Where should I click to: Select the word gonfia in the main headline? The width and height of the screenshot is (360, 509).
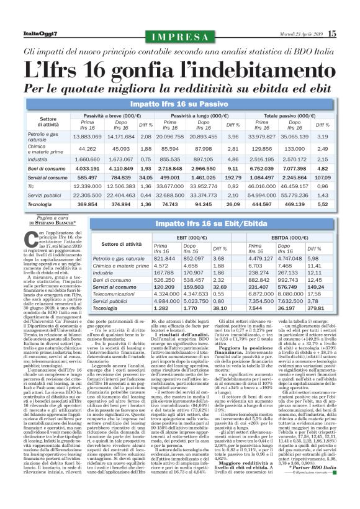click(x=136, y=65)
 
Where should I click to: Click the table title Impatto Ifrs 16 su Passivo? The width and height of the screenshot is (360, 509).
click(x=180, y=102)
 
